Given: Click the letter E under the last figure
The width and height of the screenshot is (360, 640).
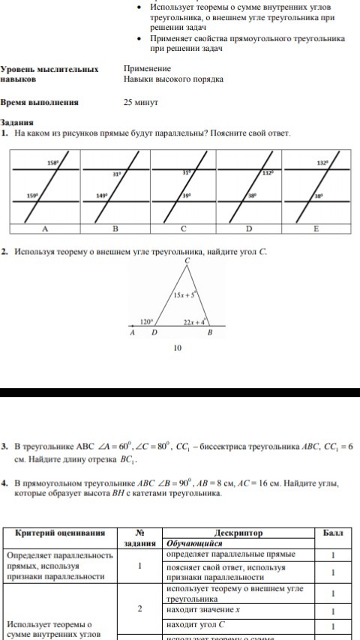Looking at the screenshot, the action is coord(315,228).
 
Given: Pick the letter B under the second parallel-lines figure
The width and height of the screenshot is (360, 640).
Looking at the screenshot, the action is coord(115,228).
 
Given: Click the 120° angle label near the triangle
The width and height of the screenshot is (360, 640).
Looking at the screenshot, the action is coord(148,321).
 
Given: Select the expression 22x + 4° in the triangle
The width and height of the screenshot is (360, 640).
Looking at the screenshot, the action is coord(196,321).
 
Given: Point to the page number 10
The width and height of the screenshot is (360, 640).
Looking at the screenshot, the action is coord(177,348).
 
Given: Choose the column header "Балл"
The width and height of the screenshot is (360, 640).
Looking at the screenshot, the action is coord(332,533).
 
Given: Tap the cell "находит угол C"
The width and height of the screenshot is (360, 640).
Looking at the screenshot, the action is coord(196,625).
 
